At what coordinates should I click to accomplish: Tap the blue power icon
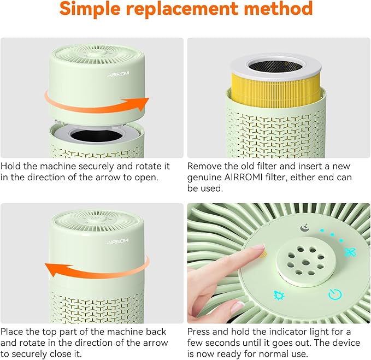tap(335, 295)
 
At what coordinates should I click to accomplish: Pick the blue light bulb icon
tap(278, 294)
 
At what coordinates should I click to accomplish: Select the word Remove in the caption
tap(204, 166)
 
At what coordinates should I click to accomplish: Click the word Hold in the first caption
tap(11, 166)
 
